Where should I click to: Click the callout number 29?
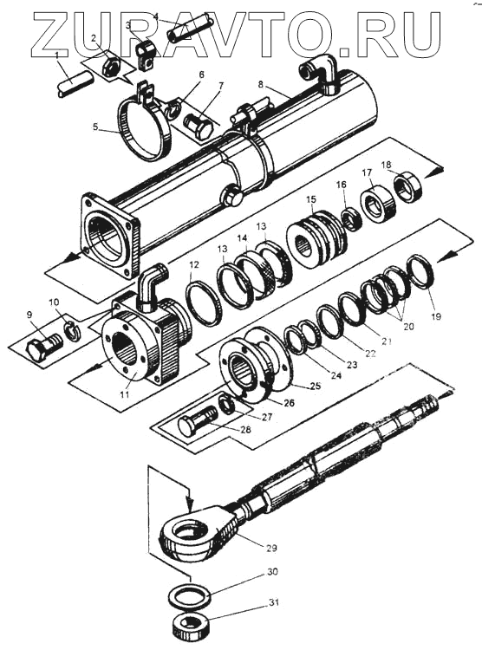(x=271, y=548)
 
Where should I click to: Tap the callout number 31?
(x=273, y=602)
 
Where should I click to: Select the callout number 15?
(x=311, y=199)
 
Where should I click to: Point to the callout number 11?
(x=125, y=395)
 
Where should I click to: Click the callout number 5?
(x=96, y=127)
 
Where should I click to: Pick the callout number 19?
(x=435, y=316)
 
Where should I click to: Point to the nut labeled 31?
(x=191, y=622)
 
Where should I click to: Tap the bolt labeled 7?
(x=199, y=127)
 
